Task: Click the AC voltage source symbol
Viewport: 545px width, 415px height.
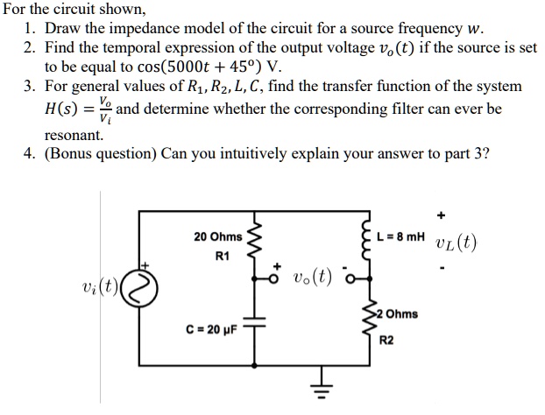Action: point(146,285)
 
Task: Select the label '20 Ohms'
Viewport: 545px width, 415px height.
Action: point(217,237)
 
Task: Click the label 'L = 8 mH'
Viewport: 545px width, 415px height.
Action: point(400,237)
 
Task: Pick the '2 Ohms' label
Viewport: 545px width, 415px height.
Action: point(397,313)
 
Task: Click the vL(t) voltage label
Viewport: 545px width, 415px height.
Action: point(456,243)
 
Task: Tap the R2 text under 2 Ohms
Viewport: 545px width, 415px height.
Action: point(386,336)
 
